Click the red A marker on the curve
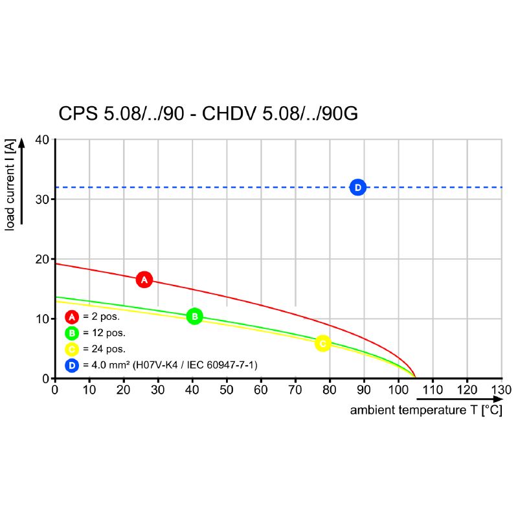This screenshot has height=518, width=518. (x=144, y=280)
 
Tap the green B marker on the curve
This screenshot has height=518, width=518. (x=194, y=316)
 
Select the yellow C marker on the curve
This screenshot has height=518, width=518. (x=322, y=343)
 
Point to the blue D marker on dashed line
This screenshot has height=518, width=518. (x=357, y=187)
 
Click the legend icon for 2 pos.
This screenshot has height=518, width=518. (x=72, y=317)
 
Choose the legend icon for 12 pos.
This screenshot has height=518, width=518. (x=72, y=333)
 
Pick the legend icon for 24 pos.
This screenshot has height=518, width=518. (x=72, y=349)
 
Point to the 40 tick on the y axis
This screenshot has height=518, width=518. (x=42, y=139)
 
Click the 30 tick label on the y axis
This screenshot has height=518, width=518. (x=42, y=199)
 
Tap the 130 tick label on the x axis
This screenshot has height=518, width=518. (x=501, y=390)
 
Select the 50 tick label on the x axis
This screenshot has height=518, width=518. (x=227, y=390)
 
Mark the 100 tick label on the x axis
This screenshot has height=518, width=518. (x=398, y=390)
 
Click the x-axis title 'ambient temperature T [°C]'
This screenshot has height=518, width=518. (x=426, y=411)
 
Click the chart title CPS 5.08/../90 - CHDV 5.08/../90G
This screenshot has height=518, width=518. (x=208, y=114)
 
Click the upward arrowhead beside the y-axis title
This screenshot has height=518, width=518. (x=21, y=143)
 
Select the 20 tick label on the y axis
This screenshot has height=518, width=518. (x=42, y=259)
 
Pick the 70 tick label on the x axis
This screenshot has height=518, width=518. (x=295, y=390)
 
